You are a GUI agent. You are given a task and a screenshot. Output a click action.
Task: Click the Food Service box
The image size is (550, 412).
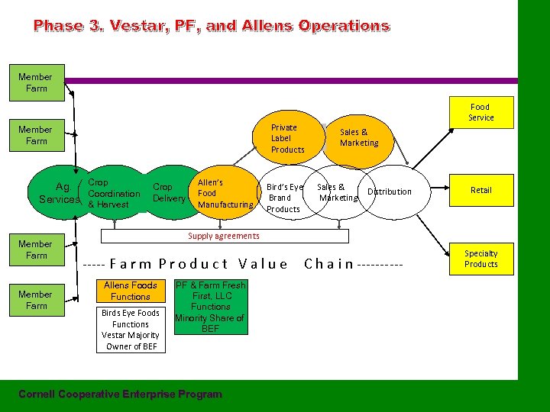(x=480, y=112)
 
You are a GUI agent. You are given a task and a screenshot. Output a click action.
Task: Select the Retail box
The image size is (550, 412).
(x=480, y=190)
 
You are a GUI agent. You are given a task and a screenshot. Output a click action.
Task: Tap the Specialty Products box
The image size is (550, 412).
(x=480, y=259)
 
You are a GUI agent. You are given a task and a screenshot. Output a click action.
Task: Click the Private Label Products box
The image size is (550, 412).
(x=287, y=138)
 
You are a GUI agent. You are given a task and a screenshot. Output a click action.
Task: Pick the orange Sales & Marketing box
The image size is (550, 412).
(x=358, y=137)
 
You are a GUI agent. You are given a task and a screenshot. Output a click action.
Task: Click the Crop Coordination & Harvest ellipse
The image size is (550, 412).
(x=113, y=194)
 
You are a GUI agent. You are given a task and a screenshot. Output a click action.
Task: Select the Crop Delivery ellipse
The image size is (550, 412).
(x=168, y=192)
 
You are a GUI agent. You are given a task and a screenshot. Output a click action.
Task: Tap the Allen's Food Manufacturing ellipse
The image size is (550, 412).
(x=225, y=194)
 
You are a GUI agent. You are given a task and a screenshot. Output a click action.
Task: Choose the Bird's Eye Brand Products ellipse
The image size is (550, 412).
(x=284, y=198)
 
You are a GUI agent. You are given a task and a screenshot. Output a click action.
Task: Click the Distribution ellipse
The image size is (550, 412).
(x=390, y=192)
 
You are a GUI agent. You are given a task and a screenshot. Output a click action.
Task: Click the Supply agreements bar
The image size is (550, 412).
(x=224, y=236)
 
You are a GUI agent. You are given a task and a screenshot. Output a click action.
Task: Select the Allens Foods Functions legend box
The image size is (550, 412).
(x=130, y=291)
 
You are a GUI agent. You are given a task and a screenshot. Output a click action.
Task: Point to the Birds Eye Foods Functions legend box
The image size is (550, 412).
(x=130, y=329)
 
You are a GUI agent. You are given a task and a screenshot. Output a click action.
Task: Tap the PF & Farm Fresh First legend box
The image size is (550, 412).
(x=209, y=307)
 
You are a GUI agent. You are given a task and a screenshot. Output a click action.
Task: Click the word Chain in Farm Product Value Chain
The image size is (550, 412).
(x=328, y=264)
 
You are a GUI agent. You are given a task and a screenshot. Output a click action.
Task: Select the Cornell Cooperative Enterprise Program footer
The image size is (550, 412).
(x=120, y=394)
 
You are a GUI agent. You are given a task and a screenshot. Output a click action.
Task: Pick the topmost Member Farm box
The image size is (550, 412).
(x=35, y=82)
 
